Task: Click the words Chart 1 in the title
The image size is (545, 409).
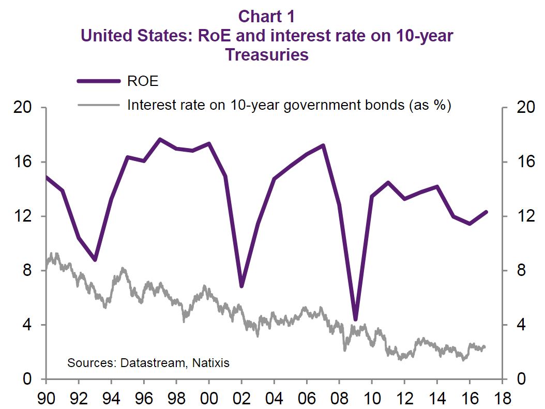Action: point(266,17)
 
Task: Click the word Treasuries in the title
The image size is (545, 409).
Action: point(267,54)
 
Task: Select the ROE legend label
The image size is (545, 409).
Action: point(142,81)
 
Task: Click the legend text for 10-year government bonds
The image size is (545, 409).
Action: point(289,105)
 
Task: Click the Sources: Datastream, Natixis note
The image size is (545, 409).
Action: point(148,362)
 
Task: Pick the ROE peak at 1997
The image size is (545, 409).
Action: point(160,139)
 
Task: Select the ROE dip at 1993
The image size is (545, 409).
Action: point(95,260)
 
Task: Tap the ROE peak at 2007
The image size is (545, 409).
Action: point(323,145)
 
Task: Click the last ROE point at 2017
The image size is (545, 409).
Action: point(486,212)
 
